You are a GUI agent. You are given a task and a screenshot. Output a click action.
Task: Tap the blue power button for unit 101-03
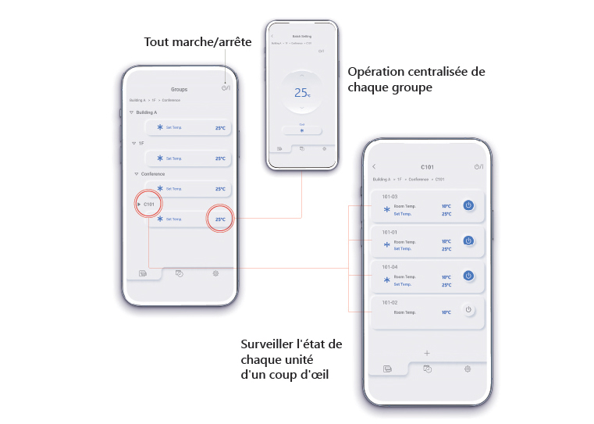(468, 205)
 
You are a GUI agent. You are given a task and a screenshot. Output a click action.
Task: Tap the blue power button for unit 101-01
(468, 241)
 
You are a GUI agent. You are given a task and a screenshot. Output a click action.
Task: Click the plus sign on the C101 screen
(427, 353)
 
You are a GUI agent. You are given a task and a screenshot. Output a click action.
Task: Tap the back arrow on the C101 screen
(374, 166)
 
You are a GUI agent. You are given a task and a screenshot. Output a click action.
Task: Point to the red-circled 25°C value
(220, 219)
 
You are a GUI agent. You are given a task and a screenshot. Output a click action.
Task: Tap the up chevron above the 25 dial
(303, 75)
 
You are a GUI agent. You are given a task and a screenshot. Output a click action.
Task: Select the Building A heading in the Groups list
(147, 112)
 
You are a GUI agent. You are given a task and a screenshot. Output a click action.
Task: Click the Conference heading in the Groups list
(152, 173)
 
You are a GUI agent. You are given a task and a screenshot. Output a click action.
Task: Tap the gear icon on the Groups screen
(215, 273)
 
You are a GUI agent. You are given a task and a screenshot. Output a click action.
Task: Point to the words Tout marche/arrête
(197, 41)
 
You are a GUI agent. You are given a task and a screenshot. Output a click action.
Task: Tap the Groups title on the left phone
(179, 90)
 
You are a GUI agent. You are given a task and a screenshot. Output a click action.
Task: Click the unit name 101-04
(389, 266)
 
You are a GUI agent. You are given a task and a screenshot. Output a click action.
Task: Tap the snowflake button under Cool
(302, 131)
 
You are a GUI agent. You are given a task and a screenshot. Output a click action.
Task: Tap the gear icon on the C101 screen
(467, 368)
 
